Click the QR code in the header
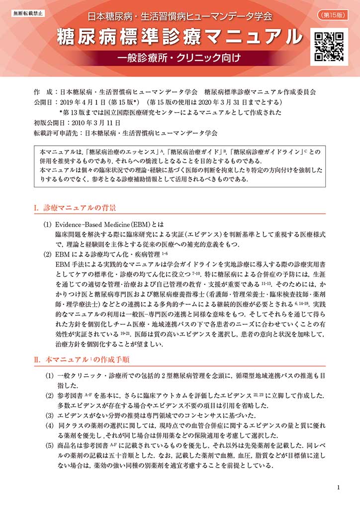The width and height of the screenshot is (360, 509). click(326, 47)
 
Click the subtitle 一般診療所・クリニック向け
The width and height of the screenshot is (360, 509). click(180, 58)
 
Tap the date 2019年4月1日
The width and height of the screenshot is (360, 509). click(84, 102)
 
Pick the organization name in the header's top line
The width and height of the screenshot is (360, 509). click(180, 16)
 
